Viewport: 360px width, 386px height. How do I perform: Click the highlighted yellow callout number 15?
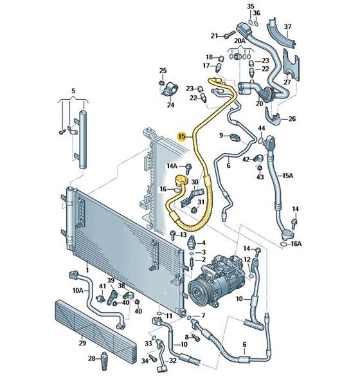182,136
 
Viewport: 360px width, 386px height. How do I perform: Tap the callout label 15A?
287,176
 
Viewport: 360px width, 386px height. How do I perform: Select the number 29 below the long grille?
82,343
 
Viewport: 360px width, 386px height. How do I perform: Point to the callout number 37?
287,26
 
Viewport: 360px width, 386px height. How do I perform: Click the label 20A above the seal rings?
240,41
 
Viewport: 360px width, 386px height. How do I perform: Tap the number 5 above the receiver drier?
73,91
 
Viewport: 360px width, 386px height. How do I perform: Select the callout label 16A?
296,244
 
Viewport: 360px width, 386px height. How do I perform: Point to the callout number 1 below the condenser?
87,270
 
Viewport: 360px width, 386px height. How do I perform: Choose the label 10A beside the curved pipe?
78,291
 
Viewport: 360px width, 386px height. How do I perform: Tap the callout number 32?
173,361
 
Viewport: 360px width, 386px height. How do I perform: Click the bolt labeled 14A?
189,168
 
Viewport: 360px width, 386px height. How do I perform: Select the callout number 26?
292,118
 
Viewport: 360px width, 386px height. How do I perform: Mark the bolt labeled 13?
173,235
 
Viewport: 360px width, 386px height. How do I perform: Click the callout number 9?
221,135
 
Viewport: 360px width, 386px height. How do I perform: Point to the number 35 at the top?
250,6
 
